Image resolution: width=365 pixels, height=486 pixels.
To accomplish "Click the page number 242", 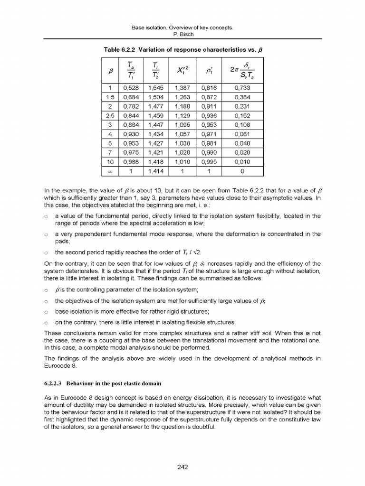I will (182, 467).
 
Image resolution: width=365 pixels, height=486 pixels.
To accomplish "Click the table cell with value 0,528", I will (131, 88).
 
